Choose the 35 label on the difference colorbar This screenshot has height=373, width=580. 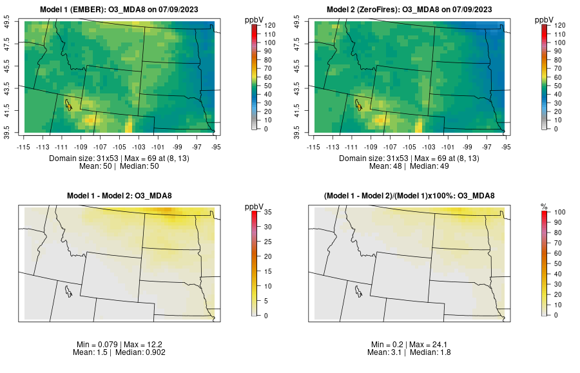pyautogui.click(x=269, y=211)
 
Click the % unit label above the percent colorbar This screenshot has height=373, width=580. pyautogui.click(x=544, y=206)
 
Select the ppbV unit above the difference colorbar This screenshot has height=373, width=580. pyautogui.click(x=255, y=206)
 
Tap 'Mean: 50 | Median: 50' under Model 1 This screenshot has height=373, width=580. pyautogui.click(x=122, y=166)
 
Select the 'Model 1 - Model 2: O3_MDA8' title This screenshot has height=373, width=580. pyautogui.click(x=122, y=196)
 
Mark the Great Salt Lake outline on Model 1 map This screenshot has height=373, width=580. pyautogui.click(x=68, y=104)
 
